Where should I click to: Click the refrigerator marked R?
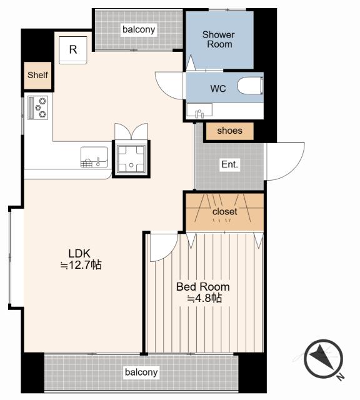coord(73,50)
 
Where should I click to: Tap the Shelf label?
coord(37,75)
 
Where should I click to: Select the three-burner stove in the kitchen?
coord(37,107)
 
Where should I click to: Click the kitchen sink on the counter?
coord(94,157)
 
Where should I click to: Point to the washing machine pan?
coord(131,158)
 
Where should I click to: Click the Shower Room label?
coord(219,39)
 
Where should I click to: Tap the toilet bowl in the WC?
coord(250,86)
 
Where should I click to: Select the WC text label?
coord(218,89)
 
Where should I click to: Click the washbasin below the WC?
coord(199,111)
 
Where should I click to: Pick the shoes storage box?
coord(229,131)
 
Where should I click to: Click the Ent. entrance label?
coord(229,164)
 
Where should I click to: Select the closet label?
coord(225,211)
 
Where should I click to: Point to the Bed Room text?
coord(203,287)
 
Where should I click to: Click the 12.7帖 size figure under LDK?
coord(81,265)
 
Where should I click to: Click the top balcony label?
coord(139,29)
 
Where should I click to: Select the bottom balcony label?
coord(141,372)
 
